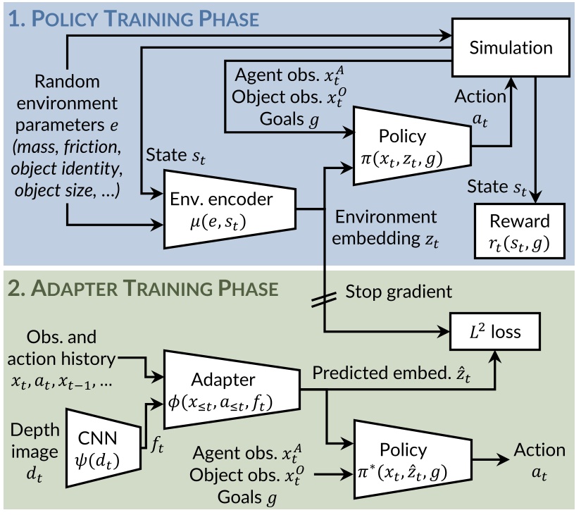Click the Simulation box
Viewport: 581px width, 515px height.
pyautogui.click(x=511, y=48)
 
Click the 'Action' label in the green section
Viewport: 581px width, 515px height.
pyautogui.click(x=539, y=449)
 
